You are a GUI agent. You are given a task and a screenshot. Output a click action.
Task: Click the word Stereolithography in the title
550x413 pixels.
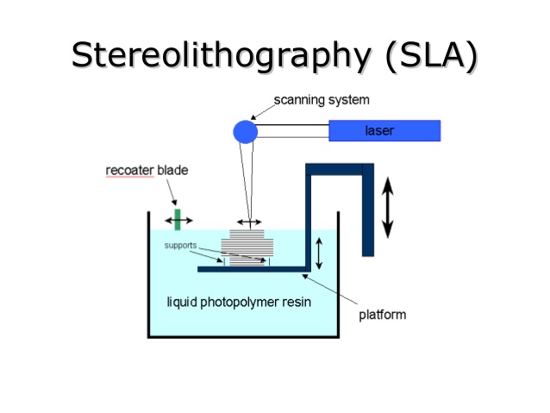pos(221,55)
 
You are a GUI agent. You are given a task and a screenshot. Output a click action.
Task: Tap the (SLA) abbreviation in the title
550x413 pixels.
pos(431,55)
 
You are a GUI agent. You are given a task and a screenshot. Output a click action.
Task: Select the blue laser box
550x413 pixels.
pos(384,130)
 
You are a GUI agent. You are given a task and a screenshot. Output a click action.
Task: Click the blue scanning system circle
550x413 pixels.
pos(245,132)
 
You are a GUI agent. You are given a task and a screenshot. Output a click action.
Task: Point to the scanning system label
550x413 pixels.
pos(322,100)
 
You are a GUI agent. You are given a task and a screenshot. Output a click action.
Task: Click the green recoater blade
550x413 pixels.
pos(178,220)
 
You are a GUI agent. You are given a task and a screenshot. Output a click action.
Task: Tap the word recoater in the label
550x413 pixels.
pos(130,170)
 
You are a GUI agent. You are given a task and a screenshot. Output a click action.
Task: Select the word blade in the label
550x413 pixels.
pos(172,170)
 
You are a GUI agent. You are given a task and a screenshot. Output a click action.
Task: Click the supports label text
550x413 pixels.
pos(181,245)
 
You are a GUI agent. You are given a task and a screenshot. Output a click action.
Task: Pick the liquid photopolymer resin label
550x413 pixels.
pos(239,302)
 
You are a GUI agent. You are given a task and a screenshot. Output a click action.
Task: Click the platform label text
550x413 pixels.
pos(383,315)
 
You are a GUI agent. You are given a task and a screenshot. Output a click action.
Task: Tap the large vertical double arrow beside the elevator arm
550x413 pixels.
pos(387,208)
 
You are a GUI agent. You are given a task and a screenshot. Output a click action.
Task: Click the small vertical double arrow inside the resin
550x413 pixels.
pos(319,253)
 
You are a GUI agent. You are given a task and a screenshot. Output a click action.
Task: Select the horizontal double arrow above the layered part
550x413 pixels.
pos(249,222)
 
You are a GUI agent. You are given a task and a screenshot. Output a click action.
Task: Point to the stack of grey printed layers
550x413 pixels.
pos(247,247)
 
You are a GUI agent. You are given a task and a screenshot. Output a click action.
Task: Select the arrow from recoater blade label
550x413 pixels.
pos(172,192)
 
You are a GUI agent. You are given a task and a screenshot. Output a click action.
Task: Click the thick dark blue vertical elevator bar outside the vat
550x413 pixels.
pos(368,210)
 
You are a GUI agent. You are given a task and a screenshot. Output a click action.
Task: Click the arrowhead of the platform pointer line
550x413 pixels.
pos(304,276)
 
